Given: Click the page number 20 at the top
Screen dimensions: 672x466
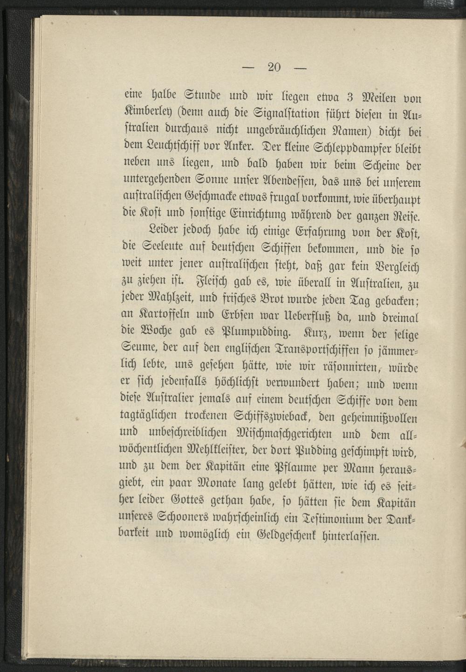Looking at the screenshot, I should point(274,67).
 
